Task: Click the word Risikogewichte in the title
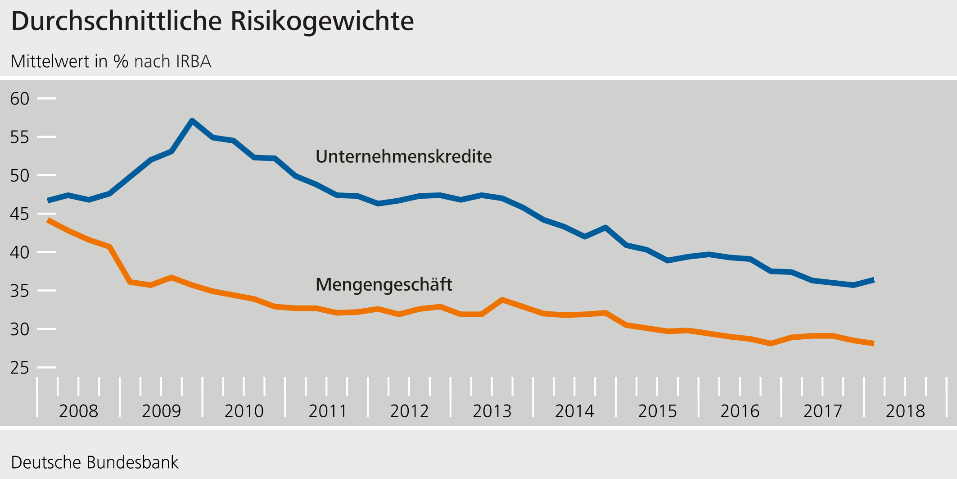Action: pyautogui.click(x=322, y=21)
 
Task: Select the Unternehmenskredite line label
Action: pyautogui.click(x=403, y=156)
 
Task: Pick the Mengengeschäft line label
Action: pyautogui.click(x=384, y=284)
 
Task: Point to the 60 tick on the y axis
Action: pyautogui.click(x=20, y=99)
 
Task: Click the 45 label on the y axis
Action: pyautogui.click(x=20, y=214)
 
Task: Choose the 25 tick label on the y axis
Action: pyautogui.click(x=20, y=368)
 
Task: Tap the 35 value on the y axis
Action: pyautogui.click(x=20, y=291)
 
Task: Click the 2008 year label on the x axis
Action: pyautogui.click(x=78, y=411)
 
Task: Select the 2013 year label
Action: pyautogui.click(x=492, y=411)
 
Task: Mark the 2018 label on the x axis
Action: pyautogui.click(x=905, y=411)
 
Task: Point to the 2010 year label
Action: pyautogui.click(x=244, y=411)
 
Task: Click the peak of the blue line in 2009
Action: pyautogui.click(x=192, y=120)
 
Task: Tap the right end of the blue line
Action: pyautogui.click(x=873, y=280)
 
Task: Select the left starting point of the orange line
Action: pyautogui.click(x=49, y=220)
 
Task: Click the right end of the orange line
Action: pyautogui.click(x=873, y=343)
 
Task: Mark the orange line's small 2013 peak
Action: pyautogui.click(x=502, y=300)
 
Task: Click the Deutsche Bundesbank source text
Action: pyautogui.click(x=95, y=462)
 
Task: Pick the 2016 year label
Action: pyautogui.click(x=740, y=411)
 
